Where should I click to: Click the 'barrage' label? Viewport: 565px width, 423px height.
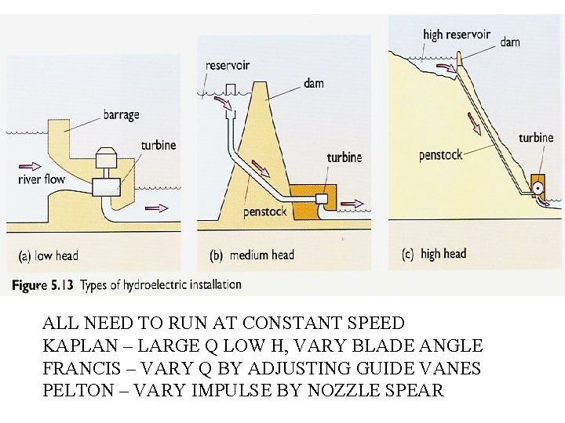tap(121, 115)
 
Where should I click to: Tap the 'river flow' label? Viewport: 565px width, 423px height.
tap(42, 179)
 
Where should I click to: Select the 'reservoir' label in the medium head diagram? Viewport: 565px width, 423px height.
tap(228, 65)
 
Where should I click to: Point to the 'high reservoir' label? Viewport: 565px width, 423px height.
tap(456, 34)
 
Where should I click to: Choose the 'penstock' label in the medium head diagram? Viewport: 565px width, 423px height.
tap(265, 212)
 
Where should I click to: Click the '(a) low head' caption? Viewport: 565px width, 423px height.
tap(48, 255)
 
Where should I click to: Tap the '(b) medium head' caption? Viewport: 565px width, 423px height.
tap(252, 255)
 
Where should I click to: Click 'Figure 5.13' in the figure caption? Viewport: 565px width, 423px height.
tap(42, 285)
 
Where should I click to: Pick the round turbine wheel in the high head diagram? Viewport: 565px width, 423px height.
tap(538, 189)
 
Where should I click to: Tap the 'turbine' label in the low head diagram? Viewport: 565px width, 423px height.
tap(159, 146)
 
